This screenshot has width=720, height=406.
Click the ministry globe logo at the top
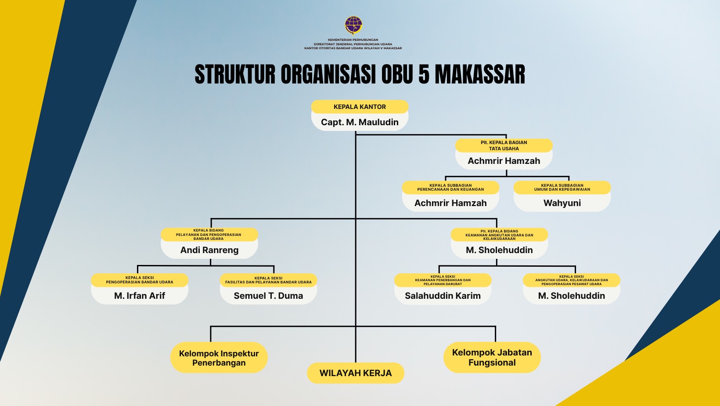click(x=353, y=25)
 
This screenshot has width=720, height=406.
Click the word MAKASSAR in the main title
click(x=480, y=74)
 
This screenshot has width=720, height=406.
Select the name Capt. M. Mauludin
click(x=360, y=122)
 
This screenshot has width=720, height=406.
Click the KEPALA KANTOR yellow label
click(x=360, y=107)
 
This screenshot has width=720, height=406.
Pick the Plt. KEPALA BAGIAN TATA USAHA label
click(x=504, y=145)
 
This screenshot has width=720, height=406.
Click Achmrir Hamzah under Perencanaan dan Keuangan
click(x=450, y=203)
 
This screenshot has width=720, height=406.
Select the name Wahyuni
click(x=562, y=203)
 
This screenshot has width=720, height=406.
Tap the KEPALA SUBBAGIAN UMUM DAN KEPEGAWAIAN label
click(x=562, y=187)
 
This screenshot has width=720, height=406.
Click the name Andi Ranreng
click(x=209, y=250)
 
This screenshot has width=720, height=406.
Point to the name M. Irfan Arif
click(x=140, y=296)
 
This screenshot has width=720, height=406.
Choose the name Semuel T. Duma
click(x=268, y=296)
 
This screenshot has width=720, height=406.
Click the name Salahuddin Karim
click(x=443, y=296)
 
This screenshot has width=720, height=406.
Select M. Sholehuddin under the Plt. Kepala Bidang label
click(x=499, y=250)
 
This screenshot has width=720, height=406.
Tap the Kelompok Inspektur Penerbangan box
click(x=219, y=357)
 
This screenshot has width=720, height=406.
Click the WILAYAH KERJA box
click(x=356, y=373)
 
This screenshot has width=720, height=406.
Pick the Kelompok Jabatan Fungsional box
click(x=492, y=357)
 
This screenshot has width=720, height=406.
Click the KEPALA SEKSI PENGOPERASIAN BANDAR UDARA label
click(x=140, y=280)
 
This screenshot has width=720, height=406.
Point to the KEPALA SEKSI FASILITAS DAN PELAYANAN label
click(x=268, y=280)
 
